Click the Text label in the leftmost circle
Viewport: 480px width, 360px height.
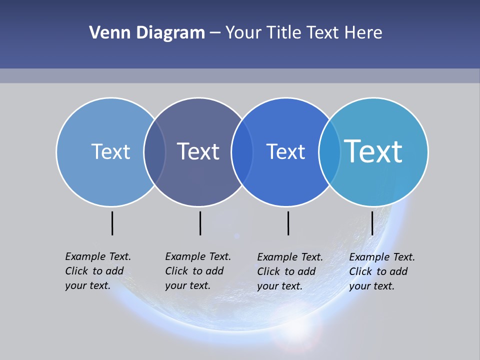(110, 151)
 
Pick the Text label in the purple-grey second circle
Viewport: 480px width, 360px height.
(198, 151)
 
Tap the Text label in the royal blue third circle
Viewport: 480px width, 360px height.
(285, 151)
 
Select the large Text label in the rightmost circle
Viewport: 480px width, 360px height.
(373, 151)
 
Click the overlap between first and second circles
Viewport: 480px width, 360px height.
(154, 151)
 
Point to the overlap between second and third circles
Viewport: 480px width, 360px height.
(242, 151)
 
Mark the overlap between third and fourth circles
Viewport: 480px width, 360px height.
(329, 151)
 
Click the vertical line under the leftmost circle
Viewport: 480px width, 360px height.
(112, 223)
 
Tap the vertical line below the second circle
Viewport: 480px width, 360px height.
(200, 223)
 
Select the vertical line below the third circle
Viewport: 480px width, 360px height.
(288, 223)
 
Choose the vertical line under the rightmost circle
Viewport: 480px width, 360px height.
(372, 223)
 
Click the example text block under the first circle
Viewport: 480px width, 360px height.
(97, 271)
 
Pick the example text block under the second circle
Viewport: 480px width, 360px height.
(197, 271)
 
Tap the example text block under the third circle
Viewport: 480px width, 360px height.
(289, 271)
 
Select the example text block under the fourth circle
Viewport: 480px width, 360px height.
(381, 271)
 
